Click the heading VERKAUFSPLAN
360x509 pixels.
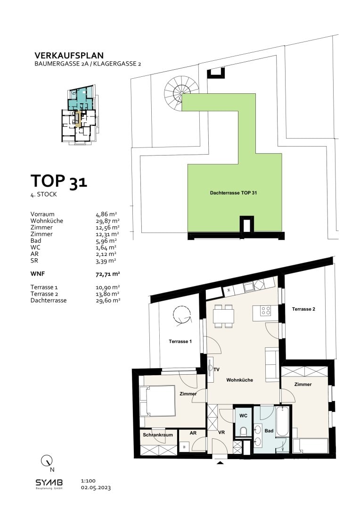tap(69, 56)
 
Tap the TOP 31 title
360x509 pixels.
tap(59, 181)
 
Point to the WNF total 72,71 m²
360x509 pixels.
tap(108, 274)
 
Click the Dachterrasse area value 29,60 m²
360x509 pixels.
tap(108, 301)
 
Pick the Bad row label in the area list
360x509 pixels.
tap(36, 240)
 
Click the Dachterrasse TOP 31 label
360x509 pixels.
tap(233, 193)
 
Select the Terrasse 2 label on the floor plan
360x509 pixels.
tap(303, 309)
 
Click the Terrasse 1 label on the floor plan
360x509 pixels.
tap(180, 342)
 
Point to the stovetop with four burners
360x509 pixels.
tap(266, 311)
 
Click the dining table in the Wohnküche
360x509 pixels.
tap(224, 316)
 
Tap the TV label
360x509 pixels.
tap(217, 369)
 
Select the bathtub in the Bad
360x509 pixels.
tap(282, 421)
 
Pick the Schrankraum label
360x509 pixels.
tap(158, 435)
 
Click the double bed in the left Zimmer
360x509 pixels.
tap(157, 401)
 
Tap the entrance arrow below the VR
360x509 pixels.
tap(221, 463)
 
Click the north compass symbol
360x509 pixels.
tap(48, 462)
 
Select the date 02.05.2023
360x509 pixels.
tap(96, 488)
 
